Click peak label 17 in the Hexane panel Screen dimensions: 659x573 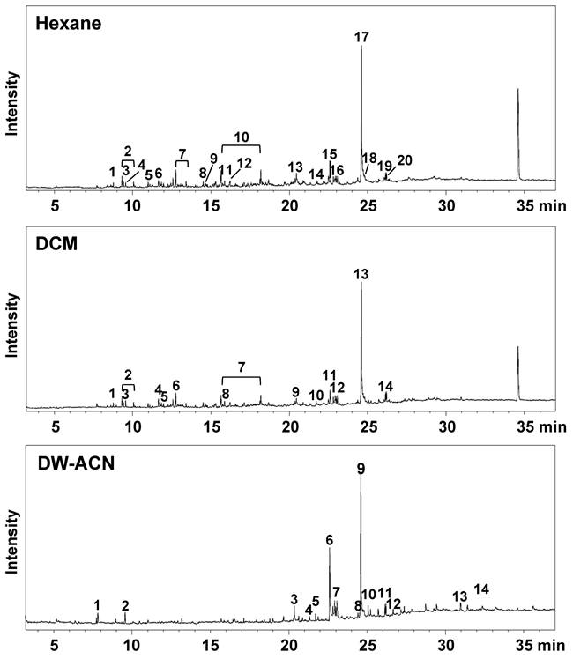pos(361,37)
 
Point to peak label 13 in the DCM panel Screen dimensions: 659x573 pos(361,275)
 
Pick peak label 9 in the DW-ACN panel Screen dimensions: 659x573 pos(361,469)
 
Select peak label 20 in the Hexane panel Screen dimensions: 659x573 pos(405,159)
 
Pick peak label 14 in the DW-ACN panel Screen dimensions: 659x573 pos(481,589)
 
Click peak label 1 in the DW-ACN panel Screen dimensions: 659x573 pos(97,604)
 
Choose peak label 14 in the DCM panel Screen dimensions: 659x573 pos(385,387)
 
